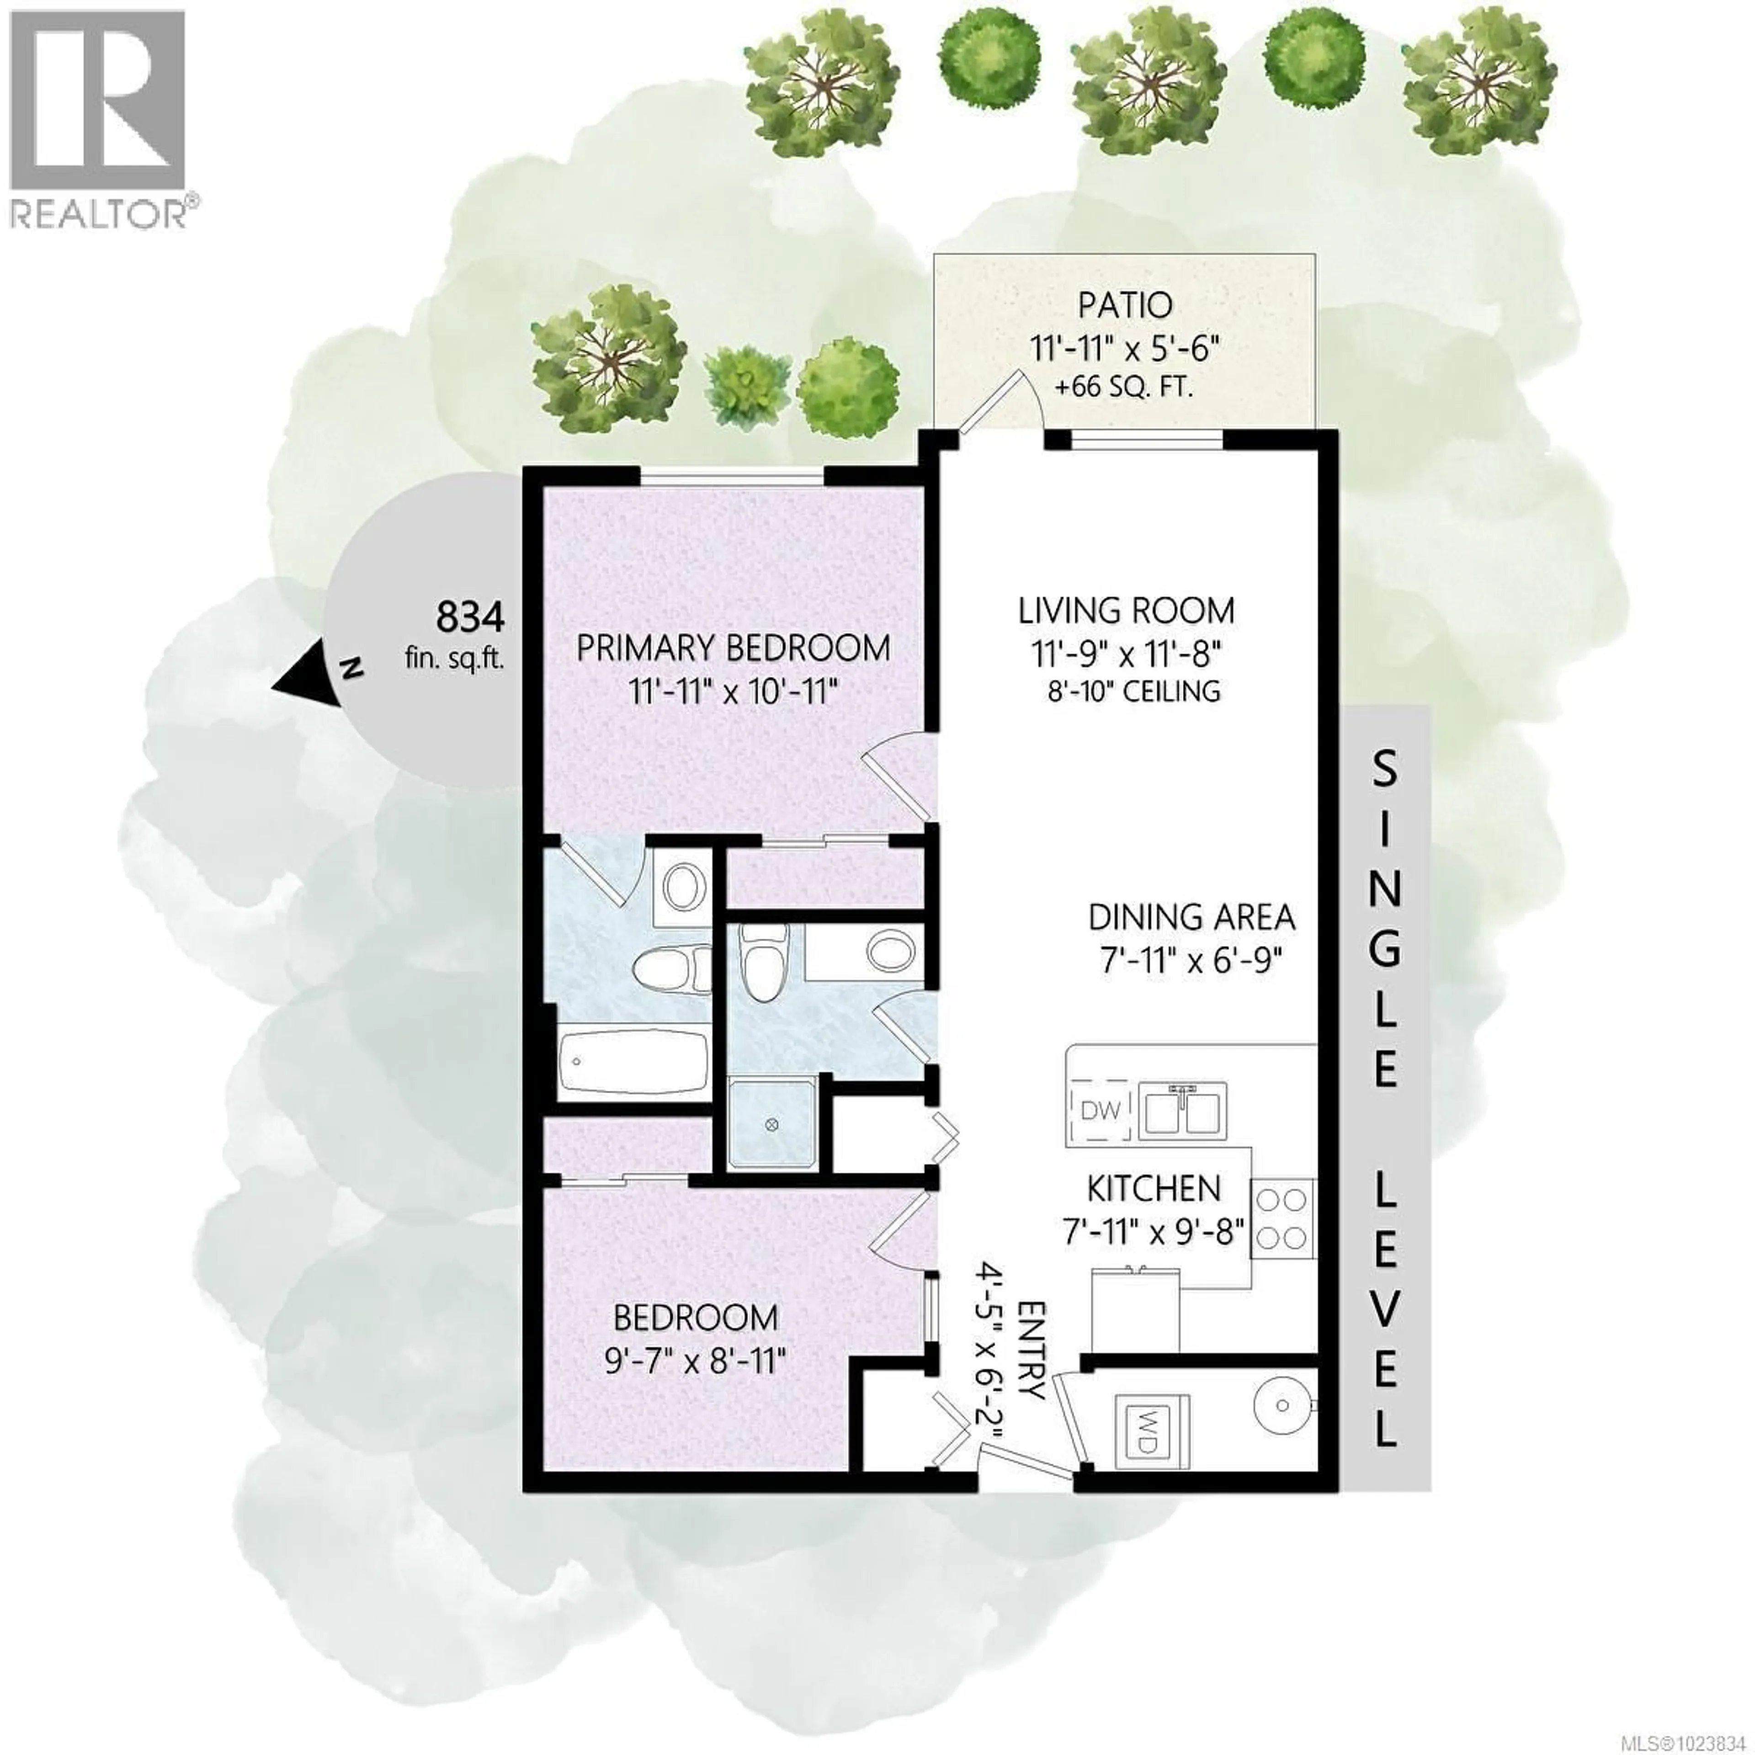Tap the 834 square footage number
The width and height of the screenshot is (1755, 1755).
coord(470,618)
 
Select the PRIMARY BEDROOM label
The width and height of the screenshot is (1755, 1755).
coord(733,649)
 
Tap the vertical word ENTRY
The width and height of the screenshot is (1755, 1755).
coord(1033,1362)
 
